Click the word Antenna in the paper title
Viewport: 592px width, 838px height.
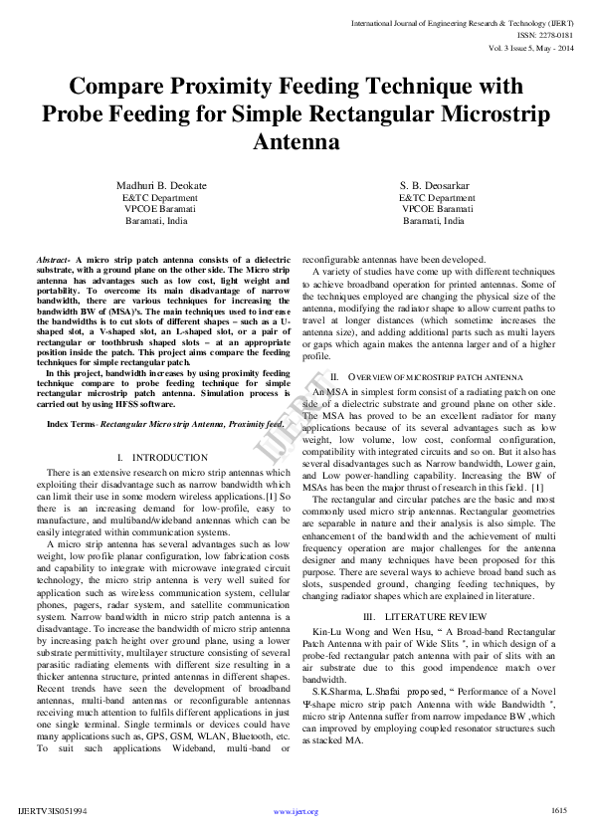pos(296,142)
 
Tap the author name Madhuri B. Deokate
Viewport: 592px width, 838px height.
pos(161,186)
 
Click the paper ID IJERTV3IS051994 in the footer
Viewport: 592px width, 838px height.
pos(53,811)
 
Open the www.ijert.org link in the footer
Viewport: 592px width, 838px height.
pos(296,811)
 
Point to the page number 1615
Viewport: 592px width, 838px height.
pos(558,810)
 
